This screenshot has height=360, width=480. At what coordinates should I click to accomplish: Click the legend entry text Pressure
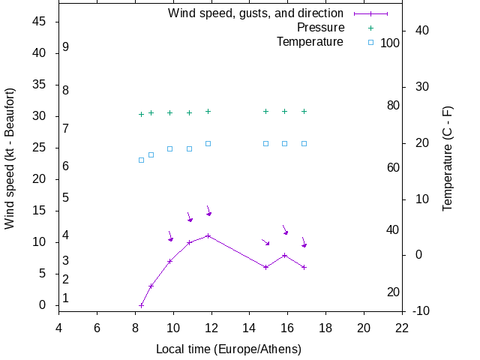(x=320, y=28)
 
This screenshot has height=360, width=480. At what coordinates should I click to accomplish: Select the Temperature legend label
(x=310, y=42)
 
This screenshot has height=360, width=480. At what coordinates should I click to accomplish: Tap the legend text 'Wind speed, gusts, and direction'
(x=256, y=13)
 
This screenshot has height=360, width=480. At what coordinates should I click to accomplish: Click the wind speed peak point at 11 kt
(x=208, y=235)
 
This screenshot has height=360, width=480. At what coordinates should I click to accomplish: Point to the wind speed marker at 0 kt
(x=141, y=305)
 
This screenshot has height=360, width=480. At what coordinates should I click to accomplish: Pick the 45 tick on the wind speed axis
(x=40, y=22)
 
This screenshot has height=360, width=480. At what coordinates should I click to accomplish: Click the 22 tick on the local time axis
(x=402, y=328)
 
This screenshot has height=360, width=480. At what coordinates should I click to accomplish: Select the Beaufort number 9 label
(x=66, y=47)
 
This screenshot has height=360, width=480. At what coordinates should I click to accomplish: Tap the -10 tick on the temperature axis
(x=421, y=311)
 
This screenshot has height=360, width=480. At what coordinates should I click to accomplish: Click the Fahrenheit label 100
(x=390, y=43)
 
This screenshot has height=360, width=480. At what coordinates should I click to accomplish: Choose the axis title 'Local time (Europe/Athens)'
(x=229, y=349)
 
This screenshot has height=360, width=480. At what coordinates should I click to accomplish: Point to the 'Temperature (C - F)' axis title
(x=448, y=158)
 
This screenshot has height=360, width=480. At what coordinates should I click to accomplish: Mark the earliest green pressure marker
(x=141, y=114)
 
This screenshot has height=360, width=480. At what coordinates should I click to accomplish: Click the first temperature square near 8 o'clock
(x=141, y=160)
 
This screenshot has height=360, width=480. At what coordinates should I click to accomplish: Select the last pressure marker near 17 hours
(x=304, y=111)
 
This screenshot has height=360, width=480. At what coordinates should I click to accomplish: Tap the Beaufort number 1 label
(x=66, y=298)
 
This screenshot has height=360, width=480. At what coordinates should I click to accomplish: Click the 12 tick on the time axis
(x=211, y=328)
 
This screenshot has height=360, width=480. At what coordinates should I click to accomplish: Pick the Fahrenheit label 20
(x=393, y=292)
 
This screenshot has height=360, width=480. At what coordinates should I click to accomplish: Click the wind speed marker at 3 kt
(x=151, y=286)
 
